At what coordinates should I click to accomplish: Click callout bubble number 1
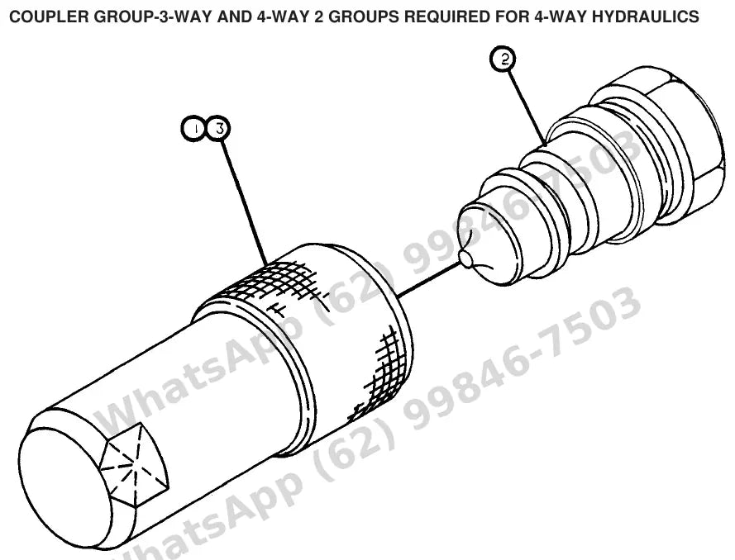(x=193, y=129)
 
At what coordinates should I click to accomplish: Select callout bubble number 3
(x=218, y=128)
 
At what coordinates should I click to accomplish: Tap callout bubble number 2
(x=503, y=59)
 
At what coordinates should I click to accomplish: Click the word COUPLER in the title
(x=50, y=17)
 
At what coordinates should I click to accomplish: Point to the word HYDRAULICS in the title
(x=646, y=17)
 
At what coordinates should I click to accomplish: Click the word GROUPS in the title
(x=363, y=17)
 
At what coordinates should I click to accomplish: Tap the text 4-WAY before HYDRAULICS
(x=561, y=17)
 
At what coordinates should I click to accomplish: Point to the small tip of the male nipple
(x=466, y=259)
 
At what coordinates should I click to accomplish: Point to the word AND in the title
(x=234, y=17)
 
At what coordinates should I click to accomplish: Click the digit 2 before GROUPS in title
(x=319, y=17)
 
